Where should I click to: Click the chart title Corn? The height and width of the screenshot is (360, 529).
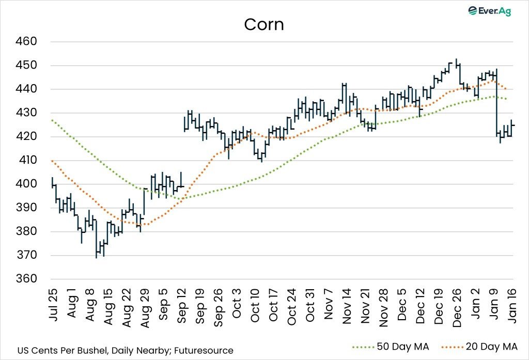tap(264, 24)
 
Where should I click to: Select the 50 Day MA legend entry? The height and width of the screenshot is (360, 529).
tap(398, 347)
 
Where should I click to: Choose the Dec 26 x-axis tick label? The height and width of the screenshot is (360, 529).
tap(458, 306)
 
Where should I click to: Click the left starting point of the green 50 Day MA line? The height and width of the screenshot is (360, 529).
tap(53, 120)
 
